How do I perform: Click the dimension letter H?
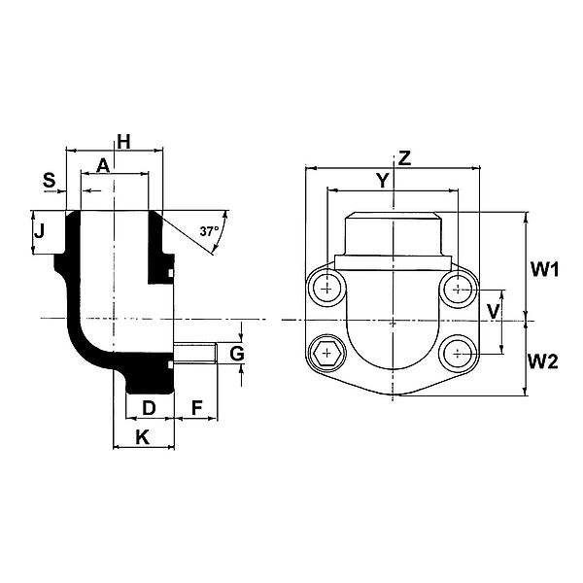pos(123,142)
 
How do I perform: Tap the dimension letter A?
pos(103,165)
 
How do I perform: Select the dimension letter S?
pos(50,180)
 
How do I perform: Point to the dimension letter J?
pos(39,231)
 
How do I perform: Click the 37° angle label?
pos(209,231)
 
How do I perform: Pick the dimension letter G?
pos(237,354)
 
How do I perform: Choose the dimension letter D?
pos(149,408)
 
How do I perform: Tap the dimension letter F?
pos(196,408)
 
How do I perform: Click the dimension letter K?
pos(143,437)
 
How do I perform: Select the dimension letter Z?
pos(404,158)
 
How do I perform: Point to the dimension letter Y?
pos(382,181)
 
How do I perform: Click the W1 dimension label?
pos(545,269)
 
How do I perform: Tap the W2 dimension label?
pos(543,361)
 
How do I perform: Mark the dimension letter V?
pos(493,312)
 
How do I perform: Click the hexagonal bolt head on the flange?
pos(326,353)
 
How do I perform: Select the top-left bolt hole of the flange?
pos(326,289)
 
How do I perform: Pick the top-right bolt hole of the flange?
pos(458,289)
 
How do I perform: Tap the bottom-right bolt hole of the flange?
pos(458,354)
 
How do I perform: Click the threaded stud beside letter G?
pos(195,353)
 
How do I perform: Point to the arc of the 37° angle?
pos(222,231)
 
